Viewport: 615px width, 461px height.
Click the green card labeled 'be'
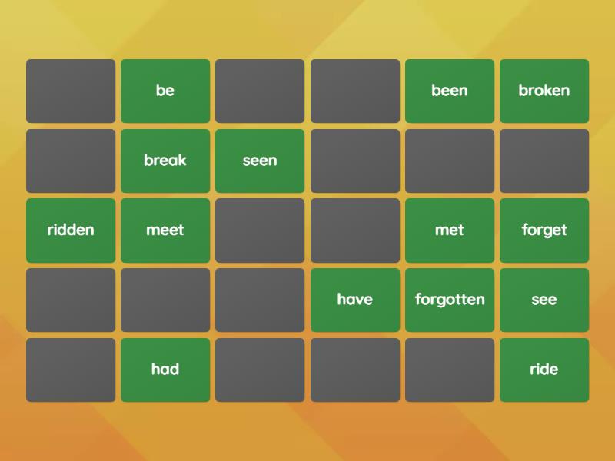pyautogui.click(x=165, y=91)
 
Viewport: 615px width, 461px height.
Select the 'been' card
pyautogui.click(x=450, y=91)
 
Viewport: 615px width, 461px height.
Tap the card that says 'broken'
pyautogui.click(x=544, y=91)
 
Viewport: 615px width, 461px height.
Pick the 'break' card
pyautogui.click(x=165, y=161)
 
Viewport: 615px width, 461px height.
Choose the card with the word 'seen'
pyautogui.click(x=260, y=161)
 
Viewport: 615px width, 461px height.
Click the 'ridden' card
pyautogui.click(x=71, y=230)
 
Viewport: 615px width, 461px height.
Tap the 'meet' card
pyautogui.click(x=165, y=230)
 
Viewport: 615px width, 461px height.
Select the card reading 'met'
pyautogui.click(x=450, y=230)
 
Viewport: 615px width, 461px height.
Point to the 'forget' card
pyautogui.click(x=544, y=230)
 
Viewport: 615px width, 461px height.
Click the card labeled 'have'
pyautogui.click(x=355, y=300)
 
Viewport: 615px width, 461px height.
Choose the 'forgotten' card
pyautogui.click(x=450, y=300)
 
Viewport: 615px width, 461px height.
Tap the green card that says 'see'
pyautogui.click(x=544, y=300)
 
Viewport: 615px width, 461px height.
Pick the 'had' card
pyautogui.click(x=165, y=370)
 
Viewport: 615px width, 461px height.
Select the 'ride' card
pyautogui.click(x=544, y=370)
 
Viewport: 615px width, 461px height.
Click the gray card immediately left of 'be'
pyautogui.click(x=71, y=91)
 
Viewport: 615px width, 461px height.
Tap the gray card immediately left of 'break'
pyautogui.click(x=71, y=161)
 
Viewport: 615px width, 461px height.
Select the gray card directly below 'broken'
pyautogui.click(x=544, y=161)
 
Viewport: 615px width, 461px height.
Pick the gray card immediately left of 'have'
pyautogui.click(x=260, y=300)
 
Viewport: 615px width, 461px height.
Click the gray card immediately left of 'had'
pyautogui.click(x=71, y=370)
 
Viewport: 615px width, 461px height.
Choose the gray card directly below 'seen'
pyautogui.click(x=260, y=230)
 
